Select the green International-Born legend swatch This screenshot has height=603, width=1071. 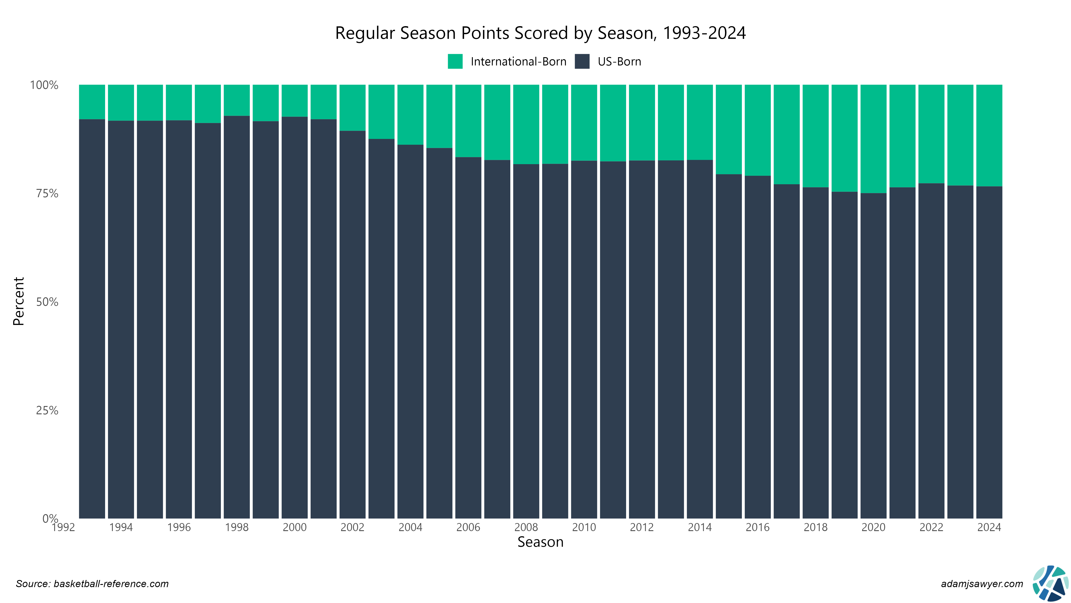click(x=455, y=62)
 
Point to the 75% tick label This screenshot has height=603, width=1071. click(x=47, y=193)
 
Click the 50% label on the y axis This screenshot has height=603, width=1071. click(x=47, y=302)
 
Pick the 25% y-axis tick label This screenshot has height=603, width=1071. click(x=47, y=411)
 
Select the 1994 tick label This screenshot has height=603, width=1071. click(x=121, y=528)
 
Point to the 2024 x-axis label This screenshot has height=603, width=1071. click(x=989, y=528)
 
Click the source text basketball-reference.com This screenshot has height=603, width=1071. click(x=92, y=584)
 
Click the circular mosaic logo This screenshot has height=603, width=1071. click(x=1051, y=583)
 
